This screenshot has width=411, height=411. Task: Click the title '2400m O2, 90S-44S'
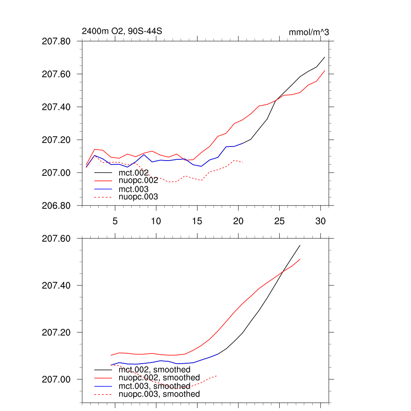tap(122, 31)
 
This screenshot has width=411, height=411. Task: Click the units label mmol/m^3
tap(309, 32)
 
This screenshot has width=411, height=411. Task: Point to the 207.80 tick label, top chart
tap(56, 41)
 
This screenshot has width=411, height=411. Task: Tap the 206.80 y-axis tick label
tap(56, 205)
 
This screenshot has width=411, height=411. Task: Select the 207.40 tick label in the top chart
tap(56, 107)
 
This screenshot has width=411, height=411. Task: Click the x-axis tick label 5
tap(115, 221)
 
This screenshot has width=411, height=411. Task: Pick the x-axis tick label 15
tap(197, 221)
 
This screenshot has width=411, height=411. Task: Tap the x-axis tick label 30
tap(320, 221)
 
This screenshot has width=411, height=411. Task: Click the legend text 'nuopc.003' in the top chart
tap(138, 197)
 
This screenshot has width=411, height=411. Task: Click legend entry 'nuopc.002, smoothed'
tap(159, 378)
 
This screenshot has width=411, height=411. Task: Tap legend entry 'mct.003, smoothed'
tap(155, 386)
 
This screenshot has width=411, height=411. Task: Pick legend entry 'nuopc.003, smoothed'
tap(159, 394)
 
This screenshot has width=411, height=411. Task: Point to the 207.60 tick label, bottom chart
tap(56, 239)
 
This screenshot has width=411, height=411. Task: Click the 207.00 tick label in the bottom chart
tap(56, 380)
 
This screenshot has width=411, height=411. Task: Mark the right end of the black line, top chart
tap(324, 57)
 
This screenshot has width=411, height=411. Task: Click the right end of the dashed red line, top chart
tap(243, 162)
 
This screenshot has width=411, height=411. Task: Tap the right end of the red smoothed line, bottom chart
tap(300, 259)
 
